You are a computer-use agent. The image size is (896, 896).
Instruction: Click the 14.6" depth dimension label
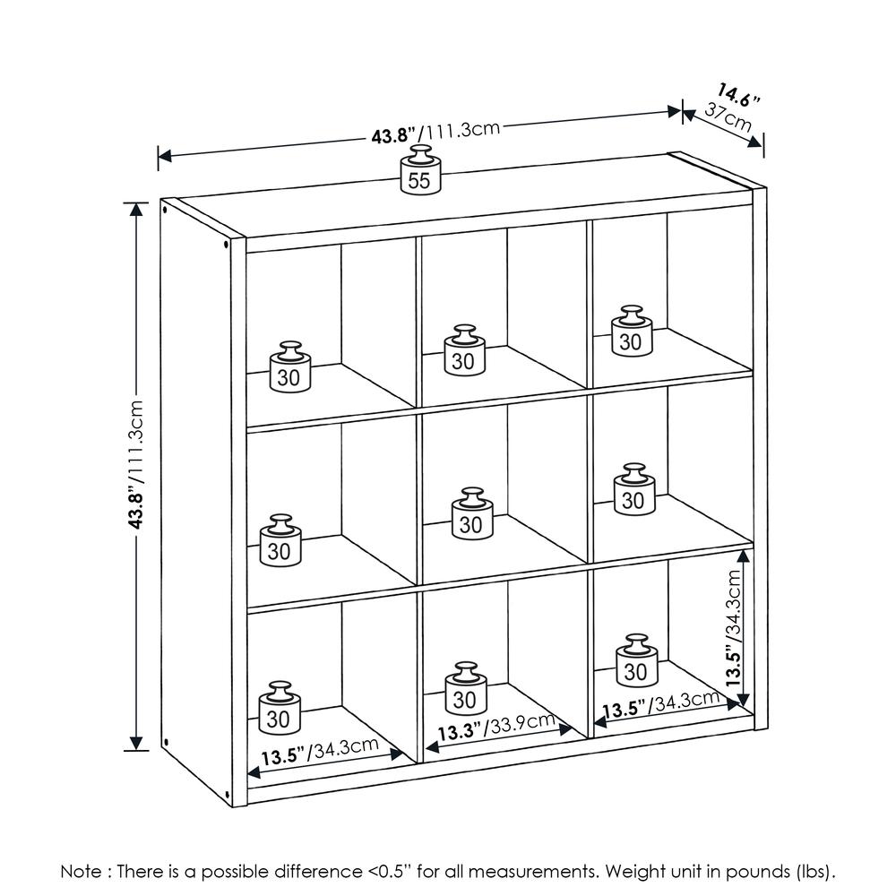click(x=740, y=93)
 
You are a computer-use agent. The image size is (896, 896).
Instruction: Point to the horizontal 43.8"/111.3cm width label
click(x=435, y=133)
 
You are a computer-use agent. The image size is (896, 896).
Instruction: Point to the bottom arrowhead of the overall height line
click(x=136, y=743)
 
